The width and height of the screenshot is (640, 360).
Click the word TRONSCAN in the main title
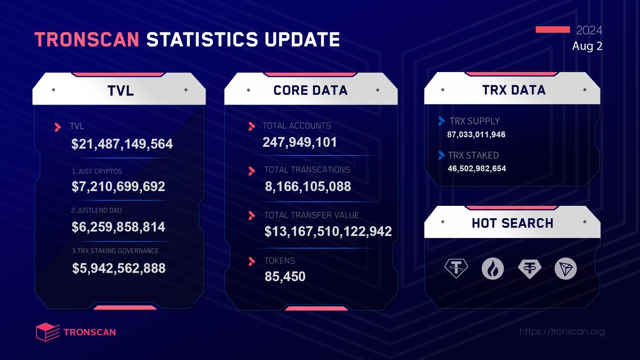point(87,41)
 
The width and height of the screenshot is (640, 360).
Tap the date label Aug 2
point(587,46)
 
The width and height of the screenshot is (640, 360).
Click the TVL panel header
point(118,91)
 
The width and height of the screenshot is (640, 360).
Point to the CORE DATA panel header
point(310,91)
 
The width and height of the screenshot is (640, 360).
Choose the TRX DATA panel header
point(512,90)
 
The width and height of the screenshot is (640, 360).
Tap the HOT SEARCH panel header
point(512,223)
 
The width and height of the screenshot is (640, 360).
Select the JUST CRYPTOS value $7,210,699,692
point(118,187)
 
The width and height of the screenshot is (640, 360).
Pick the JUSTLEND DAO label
point(96,211)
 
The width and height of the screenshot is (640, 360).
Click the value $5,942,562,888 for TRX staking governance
point(119,268)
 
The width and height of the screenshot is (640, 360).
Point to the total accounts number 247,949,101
point(300,142)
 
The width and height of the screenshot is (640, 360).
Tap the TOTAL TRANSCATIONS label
point(307,170)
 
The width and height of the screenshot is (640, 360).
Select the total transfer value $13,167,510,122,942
point(328,231)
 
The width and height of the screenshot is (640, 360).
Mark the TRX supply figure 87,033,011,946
point(476,134)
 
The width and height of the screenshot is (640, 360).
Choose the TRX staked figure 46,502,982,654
point(477,169)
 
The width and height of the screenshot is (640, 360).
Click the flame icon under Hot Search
point(492,269)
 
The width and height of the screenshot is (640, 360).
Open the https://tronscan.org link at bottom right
point(562,332)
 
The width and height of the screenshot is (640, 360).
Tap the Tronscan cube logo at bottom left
point(47,332)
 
